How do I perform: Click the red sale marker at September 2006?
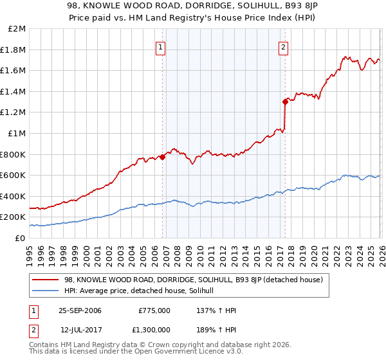pyautogui.click(x=162, y=156)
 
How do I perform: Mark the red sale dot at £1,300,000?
pyautogui.click(x=284, y=101)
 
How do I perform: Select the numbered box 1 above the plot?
pyautogui.click(x=160, y=46)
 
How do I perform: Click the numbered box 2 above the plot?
pyautogui.click(x=283, y=46)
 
